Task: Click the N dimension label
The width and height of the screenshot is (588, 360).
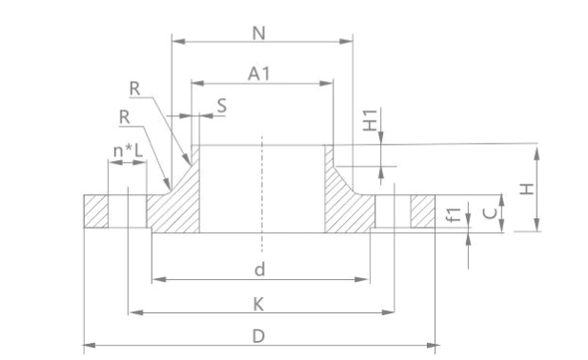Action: pos(259,32)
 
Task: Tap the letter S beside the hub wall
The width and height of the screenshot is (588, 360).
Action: pos(221,106)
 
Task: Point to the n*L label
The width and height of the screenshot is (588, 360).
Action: pos(128,150)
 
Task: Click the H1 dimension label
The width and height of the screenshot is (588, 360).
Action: pos(372,122)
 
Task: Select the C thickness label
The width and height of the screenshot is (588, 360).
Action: pos(489,212)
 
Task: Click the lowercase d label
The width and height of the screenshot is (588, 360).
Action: pos(259,270)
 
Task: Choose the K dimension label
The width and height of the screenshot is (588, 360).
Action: pos(259,304)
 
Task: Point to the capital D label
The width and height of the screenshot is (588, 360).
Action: pos(259,336)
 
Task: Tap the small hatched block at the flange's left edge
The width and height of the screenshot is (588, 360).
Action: pos(95,211)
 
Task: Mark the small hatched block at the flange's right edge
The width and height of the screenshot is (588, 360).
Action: pos(423,211)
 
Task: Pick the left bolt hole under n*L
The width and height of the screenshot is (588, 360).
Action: pos(128,211)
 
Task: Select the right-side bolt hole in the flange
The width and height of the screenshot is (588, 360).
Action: pos(393,211)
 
